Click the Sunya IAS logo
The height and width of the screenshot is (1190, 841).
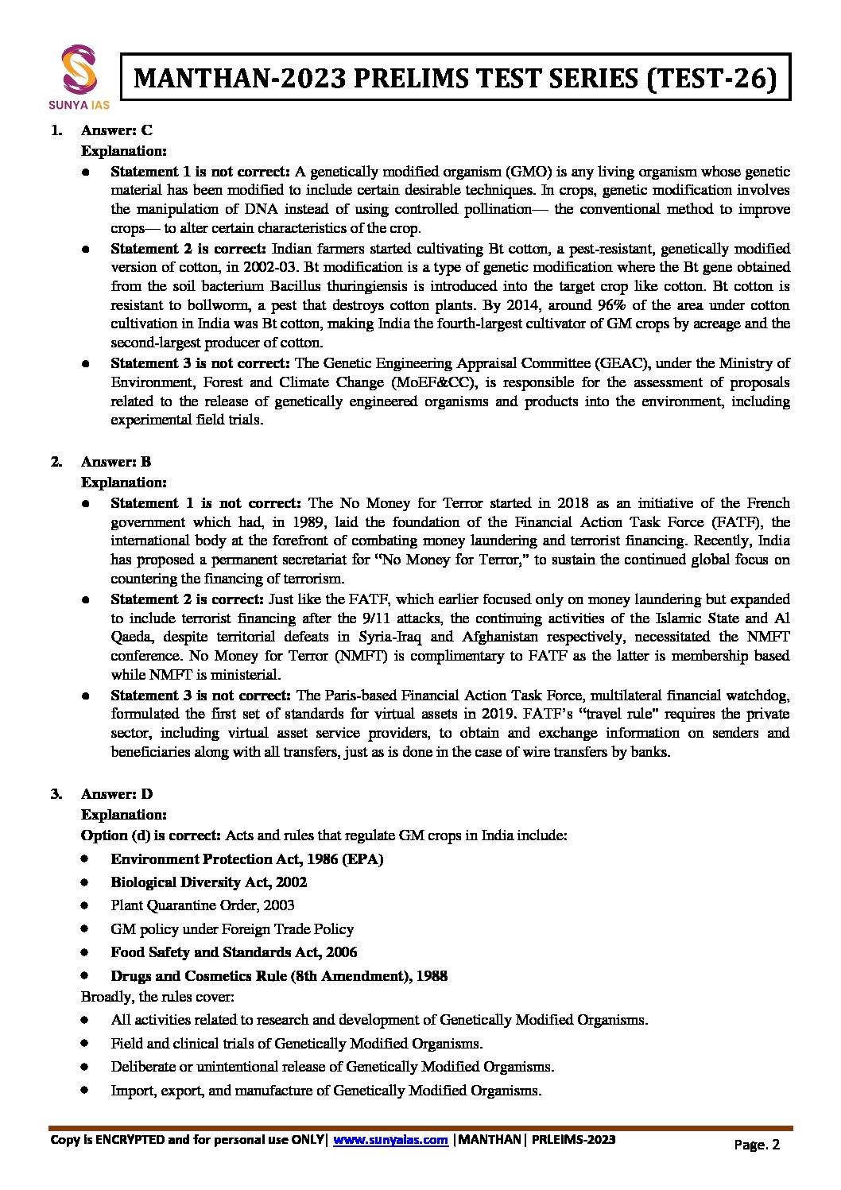pos(79,76)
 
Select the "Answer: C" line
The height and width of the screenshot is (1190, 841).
pos(117,130)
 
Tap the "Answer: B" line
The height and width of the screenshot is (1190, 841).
pos(116,462)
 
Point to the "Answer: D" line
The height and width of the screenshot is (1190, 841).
pos(117,794)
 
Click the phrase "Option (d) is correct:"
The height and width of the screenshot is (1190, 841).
pos(151,835)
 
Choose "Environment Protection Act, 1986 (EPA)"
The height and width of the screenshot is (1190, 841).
pos(247,859)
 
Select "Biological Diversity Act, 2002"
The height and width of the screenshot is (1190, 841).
pos(209,882)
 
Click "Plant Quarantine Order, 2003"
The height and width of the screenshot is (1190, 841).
pos(203,905)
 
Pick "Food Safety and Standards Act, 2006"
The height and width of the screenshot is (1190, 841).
pos(234,952)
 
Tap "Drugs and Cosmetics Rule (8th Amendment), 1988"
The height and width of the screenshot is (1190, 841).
pos(279,976)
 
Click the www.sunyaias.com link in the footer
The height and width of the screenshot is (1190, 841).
pos(390,1140)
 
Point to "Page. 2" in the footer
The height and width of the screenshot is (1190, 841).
pos(757,1145)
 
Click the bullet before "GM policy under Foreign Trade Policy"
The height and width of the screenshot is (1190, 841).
pos(85,929)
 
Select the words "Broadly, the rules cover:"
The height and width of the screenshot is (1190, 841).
pos(157,997)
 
